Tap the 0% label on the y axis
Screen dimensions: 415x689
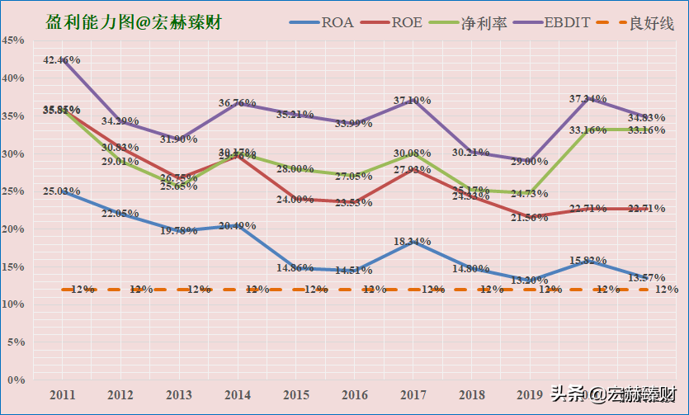pyautogui.click(x=16, y=380)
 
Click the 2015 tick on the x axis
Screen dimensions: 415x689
pyautogui.click(x=296, y=394)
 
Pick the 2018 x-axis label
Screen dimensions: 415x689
pyautogui.click(x=471, y=394)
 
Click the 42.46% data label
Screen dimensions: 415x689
pyautogui.click(x=62, y=60)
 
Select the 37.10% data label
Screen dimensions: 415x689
pyautogui.click(x=413, y=100)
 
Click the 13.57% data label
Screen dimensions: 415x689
pyautogui.click(x=647, y=276)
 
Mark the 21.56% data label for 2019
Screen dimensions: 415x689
pyautogui.click(x=529, y=217)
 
